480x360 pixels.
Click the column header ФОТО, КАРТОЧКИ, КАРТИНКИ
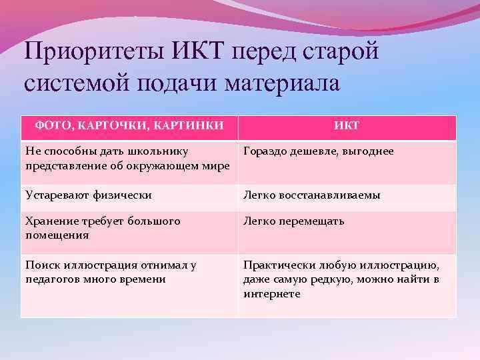(129, 125)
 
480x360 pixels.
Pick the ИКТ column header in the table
(347, 126)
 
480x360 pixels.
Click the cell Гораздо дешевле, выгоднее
(319, 151)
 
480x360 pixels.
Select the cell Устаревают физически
(89, 195)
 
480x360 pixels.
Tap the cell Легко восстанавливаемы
(312, 195)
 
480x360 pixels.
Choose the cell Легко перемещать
(294, 221)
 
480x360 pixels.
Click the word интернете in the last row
(272, 293)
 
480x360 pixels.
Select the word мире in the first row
(221, 166)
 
